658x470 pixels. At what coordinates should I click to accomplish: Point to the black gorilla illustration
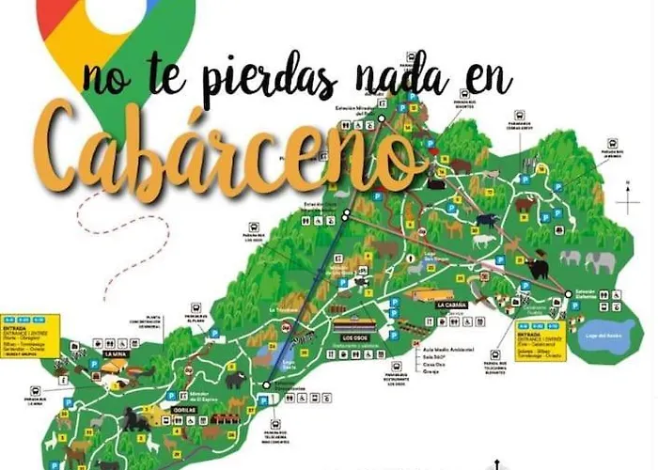pyautogui.click(x=137, y=422)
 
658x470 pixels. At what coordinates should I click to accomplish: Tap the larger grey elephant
pyautogui.click(x=599, y=261)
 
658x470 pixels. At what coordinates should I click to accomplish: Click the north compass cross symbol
pyautogui.click(x=627, y=202)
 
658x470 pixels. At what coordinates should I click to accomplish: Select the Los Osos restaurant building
pyautogui.click(x=353, y=327)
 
